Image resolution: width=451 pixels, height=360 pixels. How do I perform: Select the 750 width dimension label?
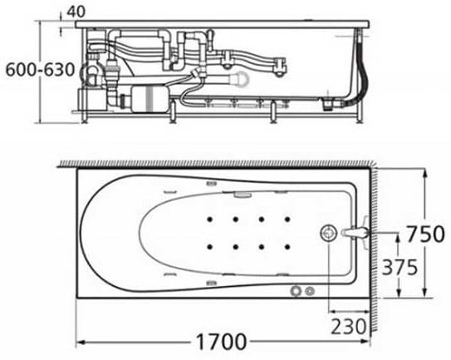click(427, 234)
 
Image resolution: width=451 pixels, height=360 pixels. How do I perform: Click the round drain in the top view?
click(331, 234)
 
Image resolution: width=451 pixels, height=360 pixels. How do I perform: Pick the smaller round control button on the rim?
click(311, 291)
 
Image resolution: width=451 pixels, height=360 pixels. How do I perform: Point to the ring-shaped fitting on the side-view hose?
click(242, 78)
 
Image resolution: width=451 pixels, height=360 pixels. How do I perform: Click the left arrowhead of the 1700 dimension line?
click(80, 342)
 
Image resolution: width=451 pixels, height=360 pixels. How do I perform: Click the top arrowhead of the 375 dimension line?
click(400, 236)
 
